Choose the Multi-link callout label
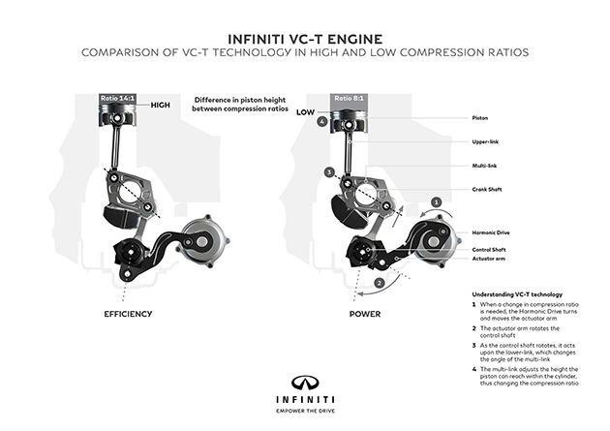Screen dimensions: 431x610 click(481, 166)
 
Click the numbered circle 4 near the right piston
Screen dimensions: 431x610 click(321, 121)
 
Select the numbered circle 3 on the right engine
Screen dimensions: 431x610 click(330, 171)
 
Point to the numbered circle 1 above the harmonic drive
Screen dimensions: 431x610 click(437, 201)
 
